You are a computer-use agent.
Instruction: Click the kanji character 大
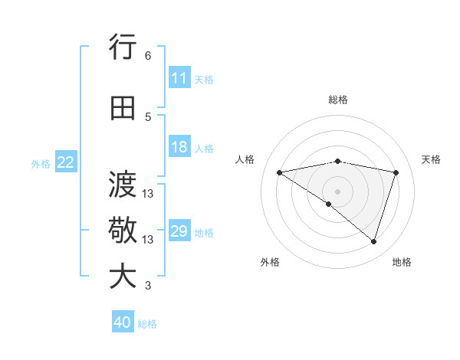click(123, 277)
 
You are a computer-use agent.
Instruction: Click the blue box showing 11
click(179, 78)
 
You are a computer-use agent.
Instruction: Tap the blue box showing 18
click(179, 147)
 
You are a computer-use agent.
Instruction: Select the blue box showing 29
click(179, 231)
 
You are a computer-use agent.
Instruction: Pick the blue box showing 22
click(66, 162)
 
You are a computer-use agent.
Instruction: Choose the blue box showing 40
click(123, 322)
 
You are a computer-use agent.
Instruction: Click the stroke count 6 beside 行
click(147, 56)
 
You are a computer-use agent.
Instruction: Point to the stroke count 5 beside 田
click(147, 117)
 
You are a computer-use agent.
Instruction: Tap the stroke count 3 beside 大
click(147, 286)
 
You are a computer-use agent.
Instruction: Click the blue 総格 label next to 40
click(147, 324)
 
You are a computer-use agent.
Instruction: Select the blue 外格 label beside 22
click(41, 163)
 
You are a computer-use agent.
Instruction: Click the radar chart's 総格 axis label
click(337, 100)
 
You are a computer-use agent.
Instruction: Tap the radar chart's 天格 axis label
click(431, 159)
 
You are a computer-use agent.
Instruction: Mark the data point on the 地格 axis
click(373, 241)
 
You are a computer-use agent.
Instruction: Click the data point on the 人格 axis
click(279, 172)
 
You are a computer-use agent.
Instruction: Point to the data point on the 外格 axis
click(329, 204)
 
